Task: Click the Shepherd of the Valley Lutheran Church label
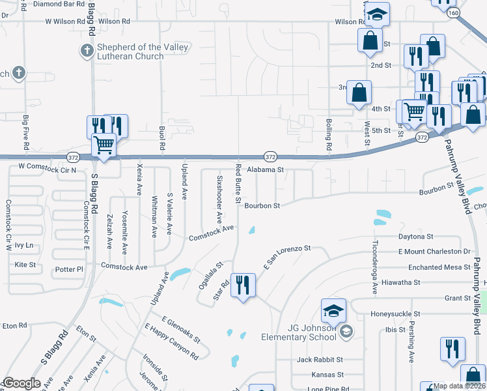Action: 142,52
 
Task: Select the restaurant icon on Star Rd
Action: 243,285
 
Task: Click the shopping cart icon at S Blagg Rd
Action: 103,145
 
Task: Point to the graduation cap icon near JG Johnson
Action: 333,310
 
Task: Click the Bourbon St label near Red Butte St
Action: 262,206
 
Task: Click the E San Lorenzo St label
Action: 287,257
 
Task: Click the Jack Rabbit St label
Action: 320,360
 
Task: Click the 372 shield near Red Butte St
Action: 270,156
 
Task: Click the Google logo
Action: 21,383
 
